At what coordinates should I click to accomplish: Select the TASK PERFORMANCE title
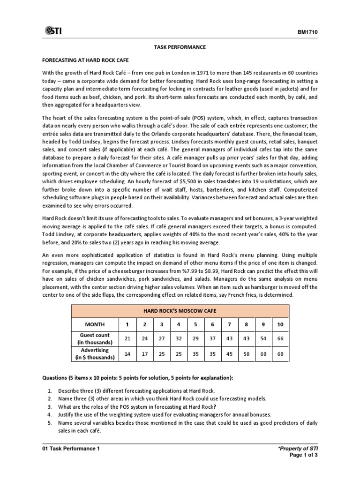point(180,47)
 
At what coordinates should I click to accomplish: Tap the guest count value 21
point(127,338)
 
